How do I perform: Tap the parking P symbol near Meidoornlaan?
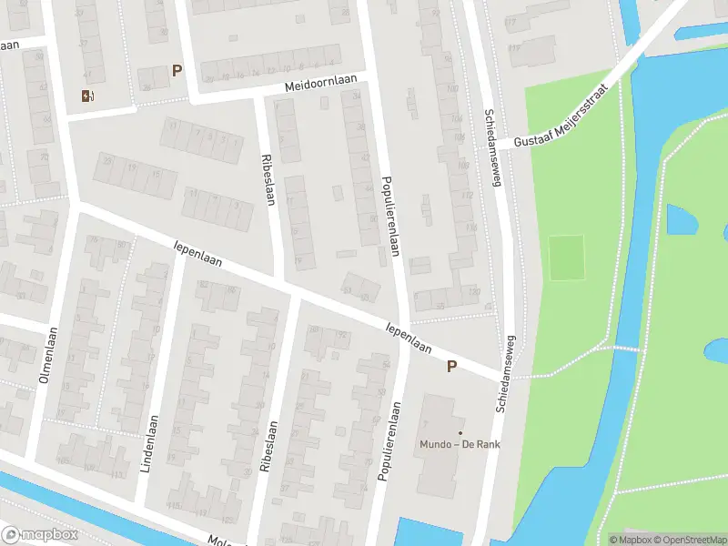tap(177, 70)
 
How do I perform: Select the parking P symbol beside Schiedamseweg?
tap(450, 366)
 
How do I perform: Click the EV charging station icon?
tap(87, 96)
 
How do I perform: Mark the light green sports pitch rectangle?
tap(567, 258)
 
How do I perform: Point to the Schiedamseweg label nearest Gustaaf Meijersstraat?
tap(497, 152)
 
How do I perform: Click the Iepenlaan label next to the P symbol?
tap(409, 336)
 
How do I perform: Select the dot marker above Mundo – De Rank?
tap(460, 432)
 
